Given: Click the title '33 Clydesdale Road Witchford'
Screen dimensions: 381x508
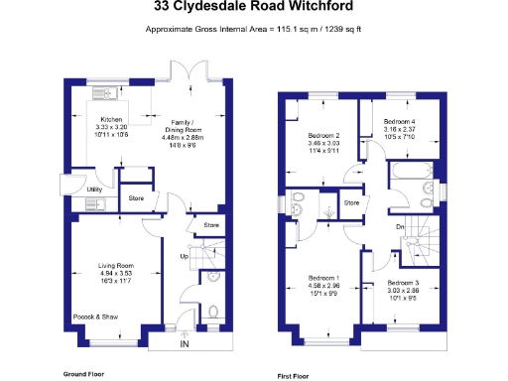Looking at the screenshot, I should point(254,7).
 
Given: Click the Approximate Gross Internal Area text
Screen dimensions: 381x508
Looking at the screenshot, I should point(254,30).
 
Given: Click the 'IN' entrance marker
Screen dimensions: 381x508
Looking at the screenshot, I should point(183,344).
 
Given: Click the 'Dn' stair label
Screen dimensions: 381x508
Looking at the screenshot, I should point(400,227).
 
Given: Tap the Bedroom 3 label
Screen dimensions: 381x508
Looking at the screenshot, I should point(402,285).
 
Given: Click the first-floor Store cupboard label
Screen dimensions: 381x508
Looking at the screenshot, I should point(351,203).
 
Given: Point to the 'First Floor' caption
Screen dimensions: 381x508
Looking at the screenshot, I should point(297,376).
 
